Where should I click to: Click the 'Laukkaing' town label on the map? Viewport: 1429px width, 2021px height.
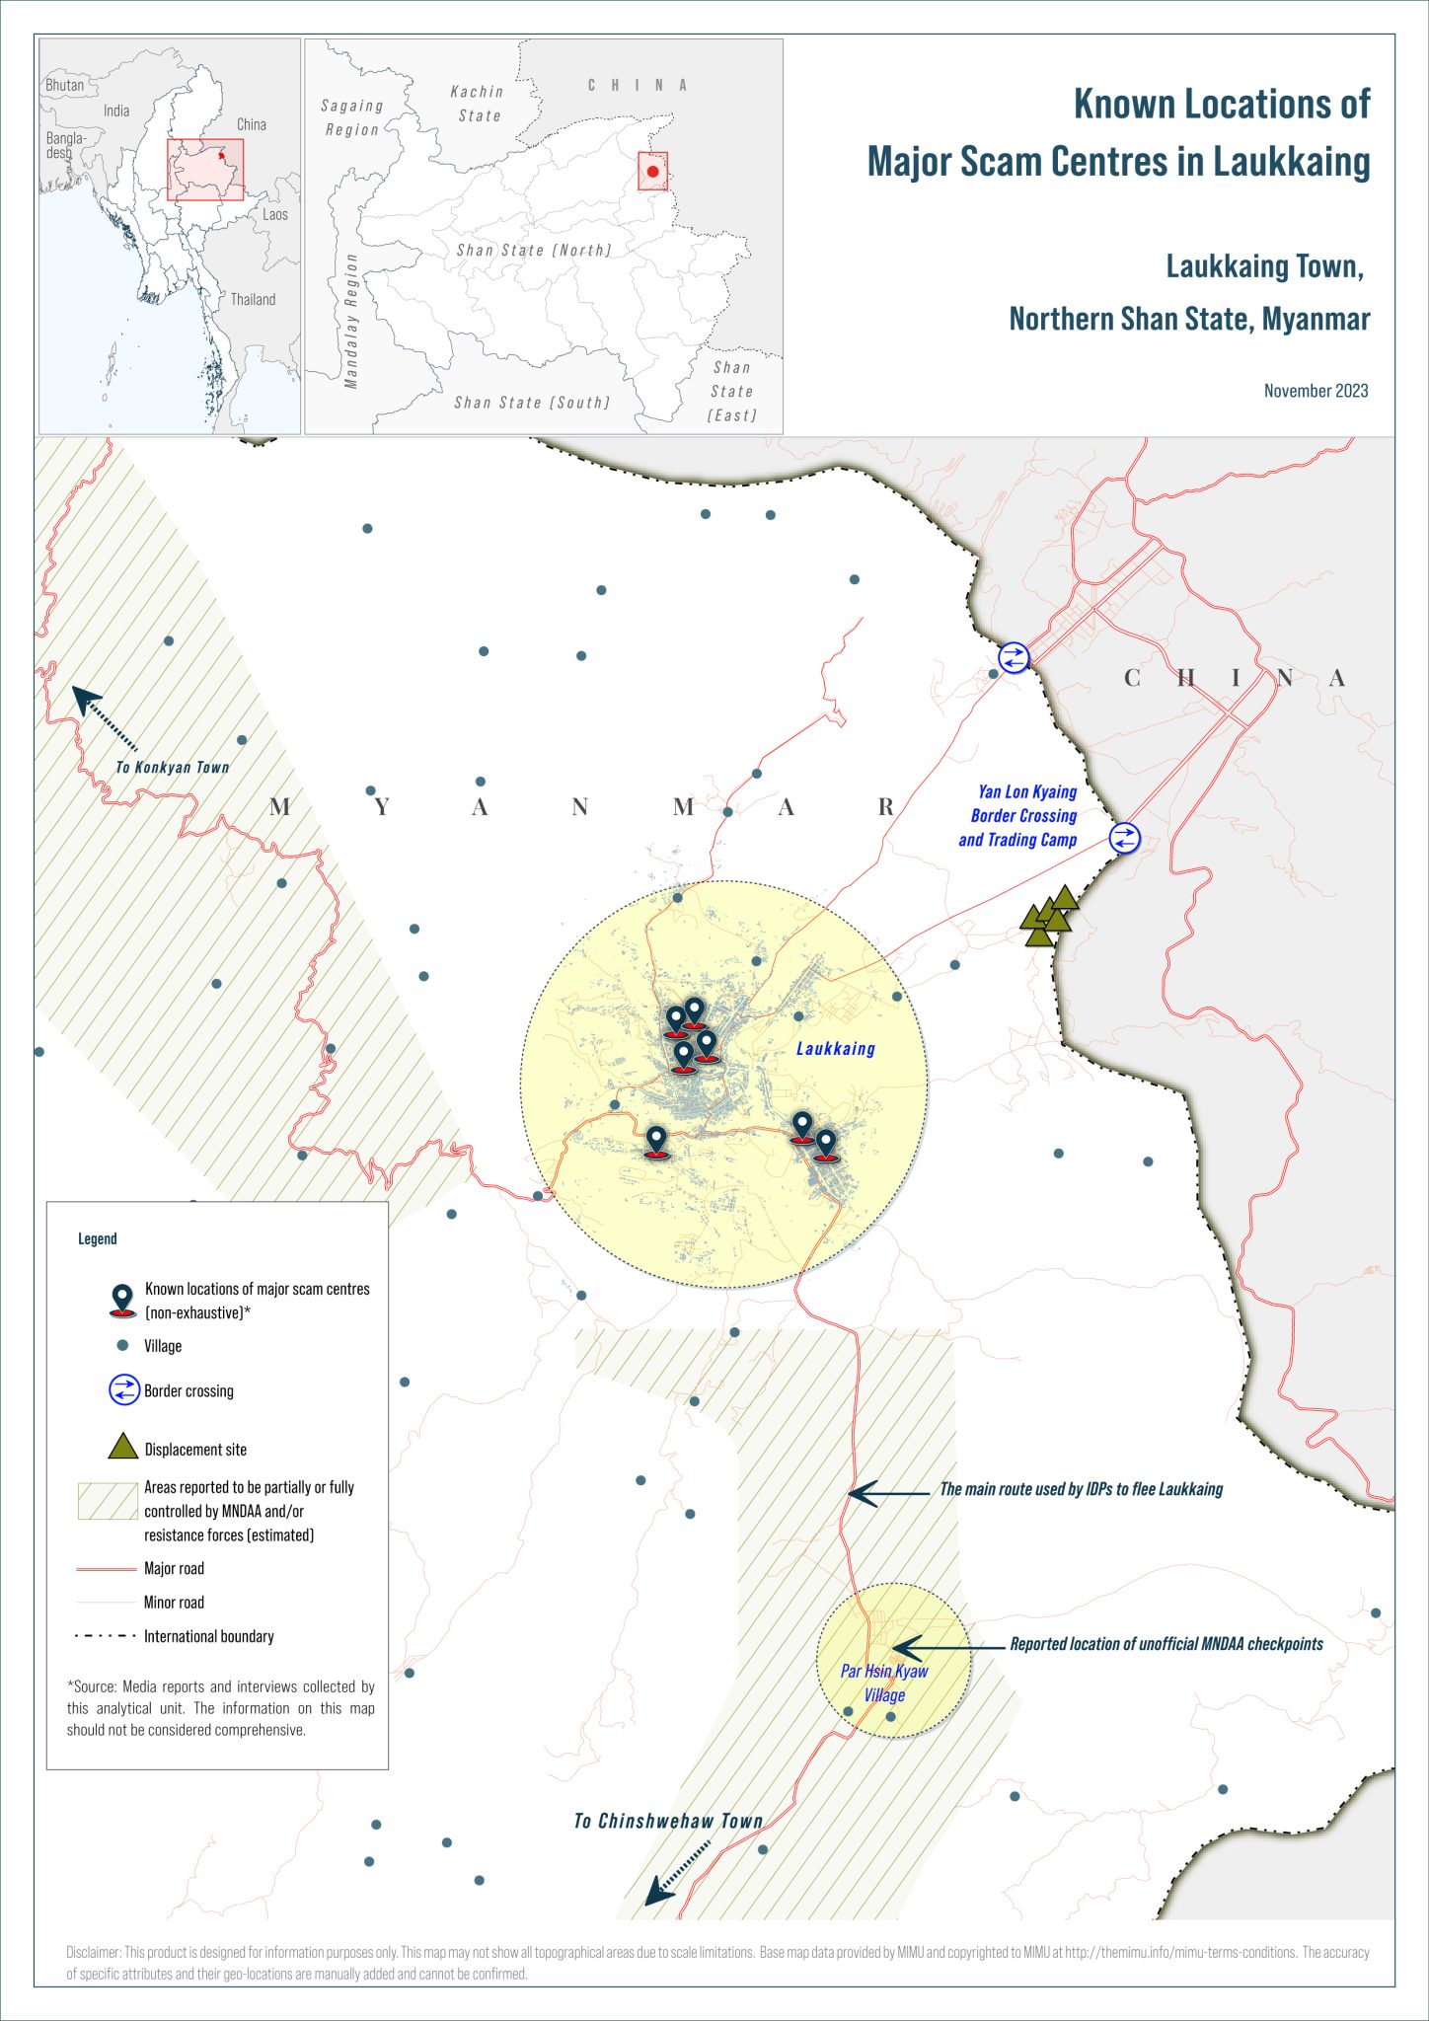(x=836, y=1049)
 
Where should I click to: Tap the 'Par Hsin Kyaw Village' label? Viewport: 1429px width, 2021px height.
(x=884, y=1683)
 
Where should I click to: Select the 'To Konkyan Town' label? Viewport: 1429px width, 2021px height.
(x=173, y=768)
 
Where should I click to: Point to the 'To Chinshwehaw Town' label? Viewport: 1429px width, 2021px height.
(x=669, y=1822)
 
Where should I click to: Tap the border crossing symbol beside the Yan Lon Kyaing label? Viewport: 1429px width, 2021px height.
(x=1124, y=839)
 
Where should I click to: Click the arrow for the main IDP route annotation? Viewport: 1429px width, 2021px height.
(x=888, y=1494)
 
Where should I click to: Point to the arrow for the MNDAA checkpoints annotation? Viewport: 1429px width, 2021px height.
(x=933, y=1647)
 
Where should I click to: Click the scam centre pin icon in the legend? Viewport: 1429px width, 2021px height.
(x=122, y=1301)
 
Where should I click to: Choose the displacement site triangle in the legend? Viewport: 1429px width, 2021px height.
(x=122, y=1447)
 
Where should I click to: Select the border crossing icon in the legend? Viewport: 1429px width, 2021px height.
(x=123, y=1390)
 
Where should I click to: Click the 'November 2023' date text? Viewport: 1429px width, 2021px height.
(x=1316, y=391)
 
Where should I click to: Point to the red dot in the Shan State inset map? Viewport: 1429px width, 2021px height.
(x=652, y=172)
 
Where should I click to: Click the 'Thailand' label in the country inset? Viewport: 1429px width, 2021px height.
(x=253, y=300)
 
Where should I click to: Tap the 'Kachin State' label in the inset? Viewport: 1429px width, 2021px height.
(x=478, y=104)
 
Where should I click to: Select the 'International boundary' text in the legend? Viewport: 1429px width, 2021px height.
(x=209, y=1636)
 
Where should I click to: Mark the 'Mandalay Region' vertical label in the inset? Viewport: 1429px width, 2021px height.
(x=351, y=321)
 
